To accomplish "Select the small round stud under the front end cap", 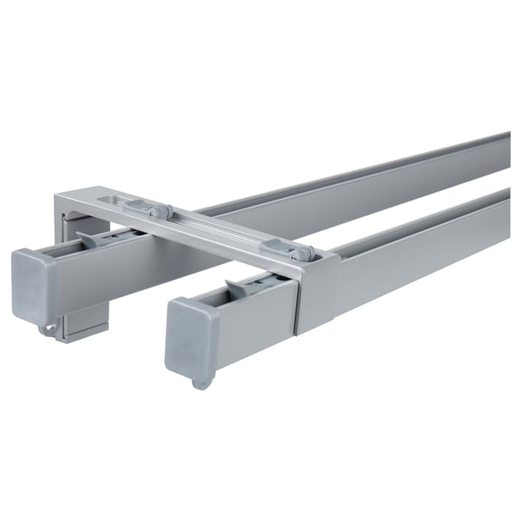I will pyautogui.click(x=201, y=381).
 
